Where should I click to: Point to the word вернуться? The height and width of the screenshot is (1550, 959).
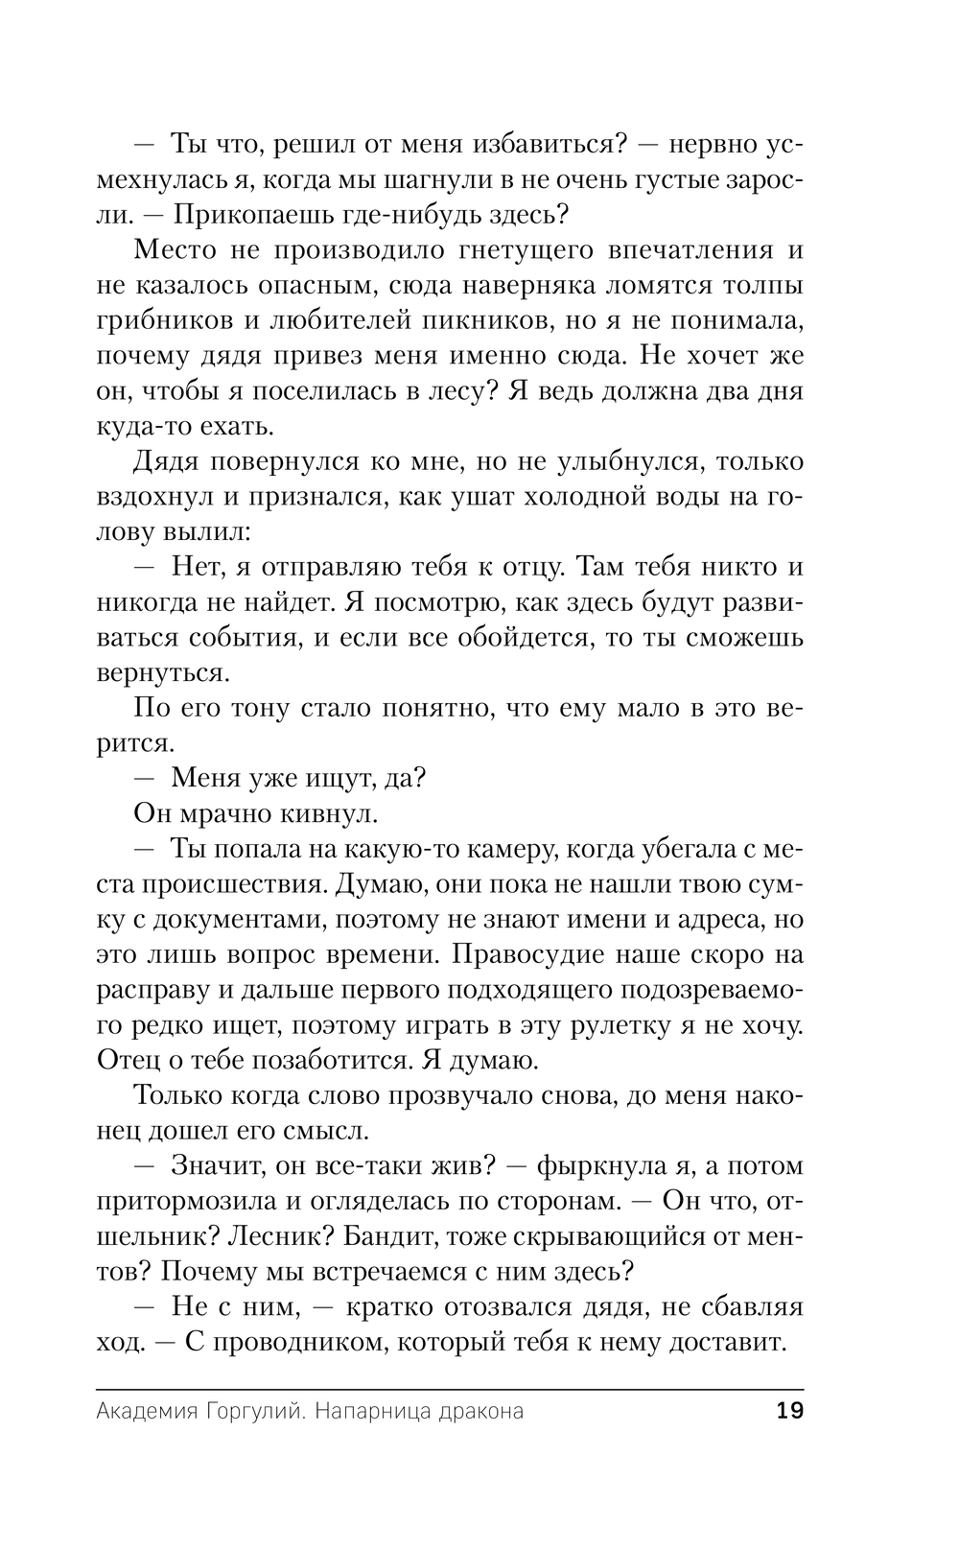(164, 672)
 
